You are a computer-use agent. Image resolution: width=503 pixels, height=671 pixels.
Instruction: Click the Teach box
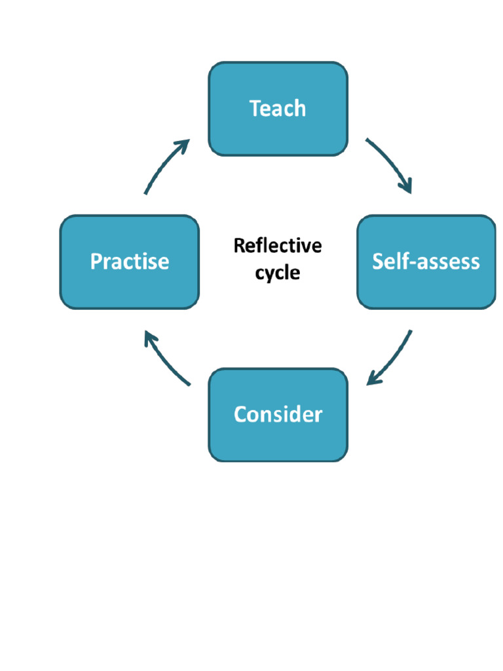pos(278,109)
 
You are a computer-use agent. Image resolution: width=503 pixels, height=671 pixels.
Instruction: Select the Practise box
pos(129,262)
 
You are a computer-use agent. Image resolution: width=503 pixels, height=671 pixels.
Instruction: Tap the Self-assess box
pos(426,262)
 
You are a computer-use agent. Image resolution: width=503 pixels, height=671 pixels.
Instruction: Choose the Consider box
pos(278,415)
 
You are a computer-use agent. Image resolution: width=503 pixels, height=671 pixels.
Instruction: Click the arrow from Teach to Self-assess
pos(392,164)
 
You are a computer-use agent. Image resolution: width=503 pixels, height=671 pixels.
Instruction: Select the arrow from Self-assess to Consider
pos(393,357)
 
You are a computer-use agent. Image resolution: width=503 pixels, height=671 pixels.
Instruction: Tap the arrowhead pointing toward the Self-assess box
pos(407,186)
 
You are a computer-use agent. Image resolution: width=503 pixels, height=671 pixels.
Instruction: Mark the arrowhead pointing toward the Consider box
pos(373,379)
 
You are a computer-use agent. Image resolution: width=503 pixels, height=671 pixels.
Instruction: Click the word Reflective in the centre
pos(278,246)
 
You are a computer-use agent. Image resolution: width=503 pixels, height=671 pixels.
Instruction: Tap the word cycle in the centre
pos(278,272)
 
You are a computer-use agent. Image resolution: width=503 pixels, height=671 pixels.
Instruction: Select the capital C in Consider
pos(240,415)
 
